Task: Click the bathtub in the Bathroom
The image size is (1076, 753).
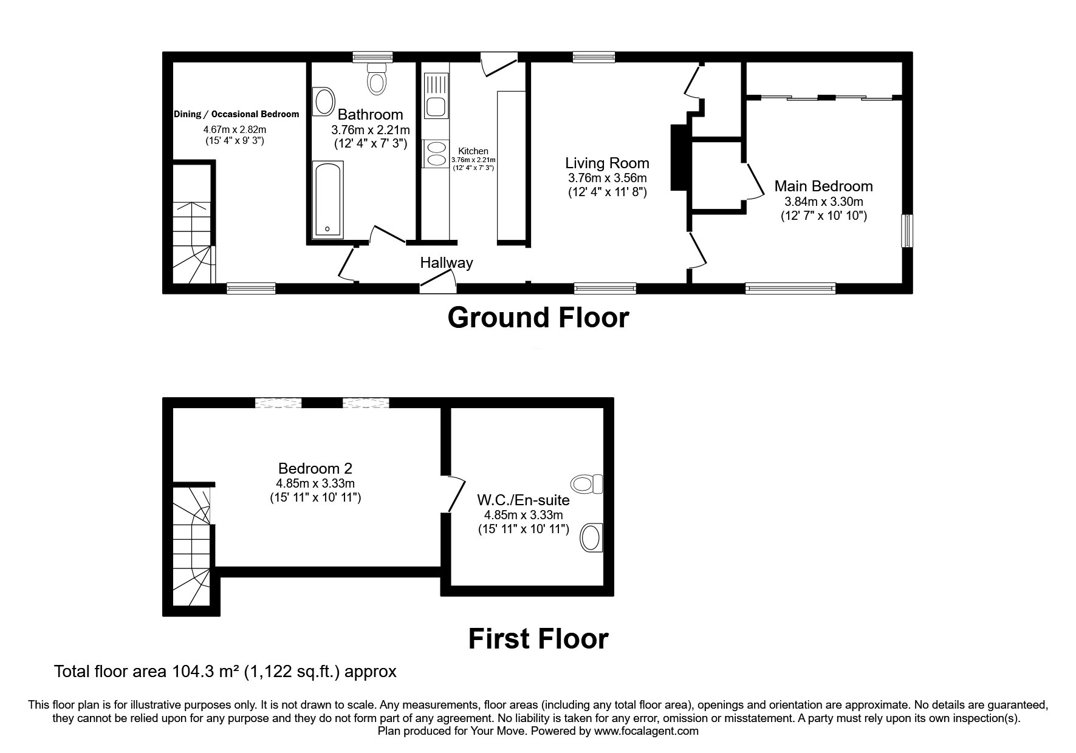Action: (328, 200)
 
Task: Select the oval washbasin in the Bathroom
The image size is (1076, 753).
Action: (323, 102)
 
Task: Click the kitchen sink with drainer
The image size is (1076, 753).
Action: (436, 95)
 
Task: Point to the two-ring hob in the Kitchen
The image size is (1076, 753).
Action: (436, 152)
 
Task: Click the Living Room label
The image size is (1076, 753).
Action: (607, 163)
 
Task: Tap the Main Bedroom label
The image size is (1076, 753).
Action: (823, 186)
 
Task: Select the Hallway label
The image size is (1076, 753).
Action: (447, 263)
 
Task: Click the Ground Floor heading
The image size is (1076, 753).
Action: (538, 318)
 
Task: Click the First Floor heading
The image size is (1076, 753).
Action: (538, 639)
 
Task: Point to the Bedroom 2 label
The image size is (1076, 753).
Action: (315, 468)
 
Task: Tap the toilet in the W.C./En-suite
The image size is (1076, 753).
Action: (586, 484)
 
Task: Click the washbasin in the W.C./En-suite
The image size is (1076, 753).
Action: (591, 537)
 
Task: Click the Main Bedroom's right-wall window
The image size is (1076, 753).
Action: (906, 230)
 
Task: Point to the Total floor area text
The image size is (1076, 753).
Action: (225, 672)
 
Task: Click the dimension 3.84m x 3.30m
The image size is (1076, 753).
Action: (823, 202)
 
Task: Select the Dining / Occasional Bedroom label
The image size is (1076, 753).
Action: (236, 114)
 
